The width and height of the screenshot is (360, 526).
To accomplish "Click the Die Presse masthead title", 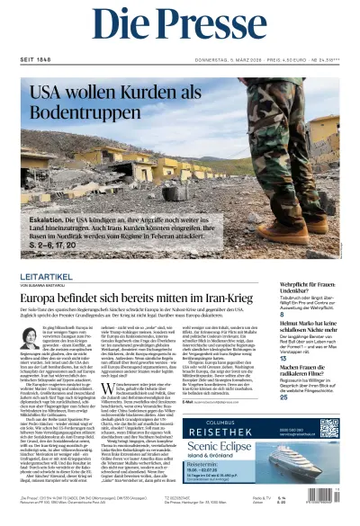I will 180,27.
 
